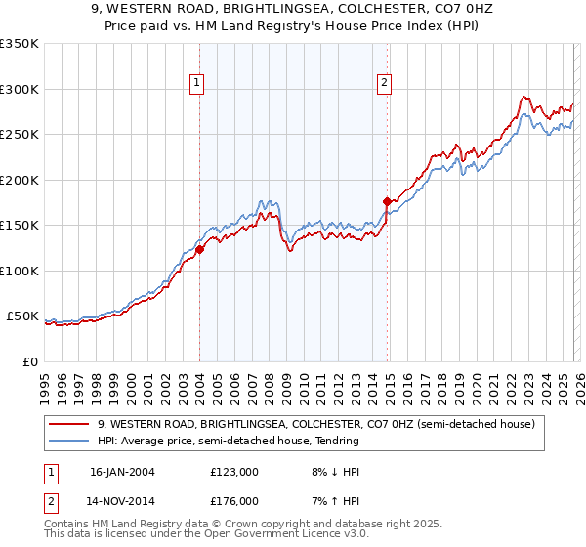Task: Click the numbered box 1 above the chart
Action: [x=197, y=84]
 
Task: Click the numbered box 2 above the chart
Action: [x=385, y=84]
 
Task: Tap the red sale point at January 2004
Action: [x=199, y=249]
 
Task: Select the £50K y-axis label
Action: [x=22, y=316]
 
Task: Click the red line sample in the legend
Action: [x=70, y=425]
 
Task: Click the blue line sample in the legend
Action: [x=70, y=442]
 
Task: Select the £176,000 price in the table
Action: [x=233, y=500]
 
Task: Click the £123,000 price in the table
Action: [x=233, y=471]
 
